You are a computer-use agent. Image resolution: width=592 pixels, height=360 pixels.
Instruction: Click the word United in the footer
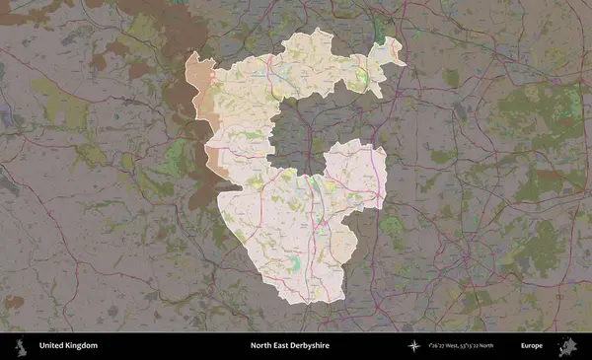(x=52, y=346)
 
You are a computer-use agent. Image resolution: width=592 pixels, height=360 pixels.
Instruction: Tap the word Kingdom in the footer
(x=82, y=346)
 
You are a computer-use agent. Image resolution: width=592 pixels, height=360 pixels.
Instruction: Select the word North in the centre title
(x=260, y=346)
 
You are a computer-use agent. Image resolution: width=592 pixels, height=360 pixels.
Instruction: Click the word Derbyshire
(x=311, y=346)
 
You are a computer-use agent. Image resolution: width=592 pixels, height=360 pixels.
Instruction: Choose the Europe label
(x=532, y=346)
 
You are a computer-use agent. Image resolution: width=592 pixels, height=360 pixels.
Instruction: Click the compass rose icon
(x=414, y=346)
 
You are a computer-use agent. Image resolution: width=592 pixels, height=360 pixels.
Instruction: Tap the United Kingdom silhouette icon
(x=20, y=346)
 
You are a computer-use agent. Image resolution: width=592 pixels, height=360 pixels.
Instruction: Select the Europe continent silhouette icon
(x=567, y=346)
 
